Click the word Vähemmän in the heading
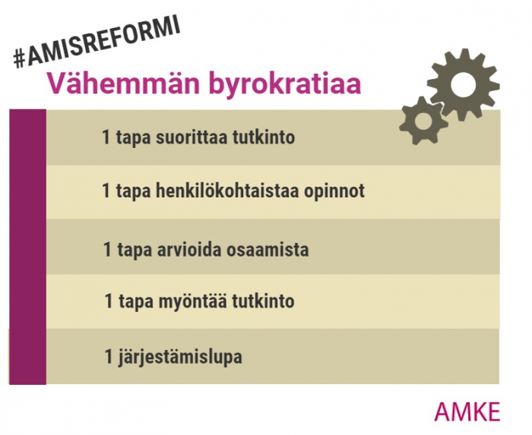pyautogui.click(x=123, y=83)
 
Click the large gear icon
pyautogui.click(x=463, y=85)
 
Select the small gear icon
pyautogui.click(x=423, y=121)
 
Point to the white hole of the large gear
pyautogui.click(x=463, y=85)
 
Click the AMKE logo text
pyautogui.click(x=467, y=412)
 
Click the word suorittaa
pyautogui.click(x=192, y=137)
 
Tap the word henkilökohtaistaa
pyautogui.click(x=227, y=191)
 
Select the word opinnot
pyautogui.click(x=334, y=191)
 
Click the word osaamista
pyautogui.click(x=268, y=251)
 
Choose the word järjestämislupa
pyautogui.click(x=180, y=357)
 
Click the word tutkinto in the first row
pyautogui.click(x=264, y=137)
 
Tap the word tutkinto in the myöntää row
pyautogui.click(x=263, y=301)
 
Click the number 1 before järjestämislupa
pyautogui.click(x=109, y=356)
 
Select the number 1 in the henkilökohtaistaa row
pyautogui.click(x=106, y=191)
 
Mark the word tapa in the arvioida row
pyautogui.click(x=135, y=251)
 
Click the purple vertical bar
pyautogui.click(x=27, y=247)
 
